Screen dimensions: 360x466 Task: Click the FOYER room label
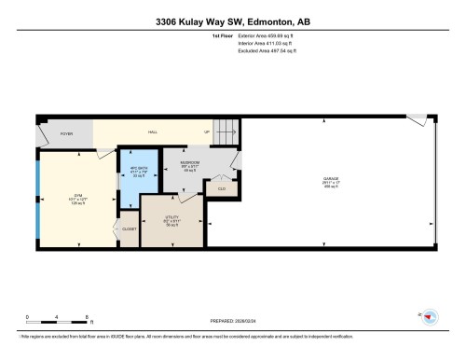coord(66,134)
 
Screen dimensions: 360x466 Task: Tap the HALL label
coord(152,132)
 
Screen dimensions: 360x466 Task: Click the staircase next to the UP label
coord(226,133)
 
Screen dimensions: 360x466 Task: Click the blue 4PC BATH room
coord(135,173)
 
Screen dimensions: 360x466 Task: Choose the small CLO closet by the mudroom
coord(221,189)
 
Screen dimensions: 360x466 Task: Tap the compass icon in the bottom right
coord(429,317)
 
